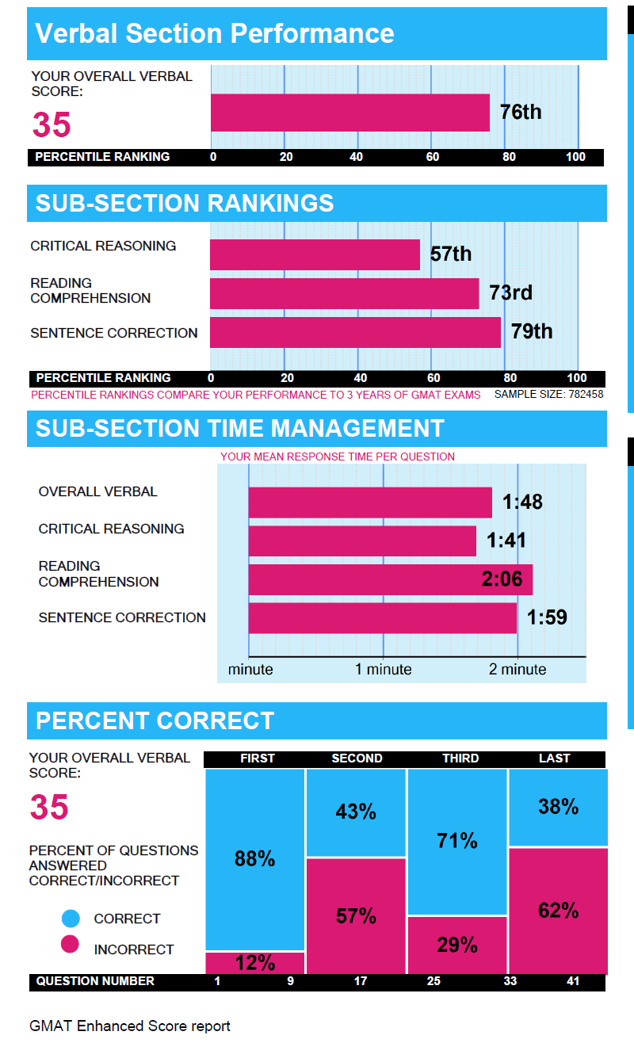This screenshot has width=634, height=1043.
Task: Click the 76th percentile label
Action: click(521, 112)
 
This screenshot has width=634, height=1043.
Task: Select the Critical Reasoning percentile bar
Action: click(315, 255)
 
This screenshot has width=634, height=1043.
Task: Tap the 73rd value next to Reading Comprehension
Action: click(510, 292)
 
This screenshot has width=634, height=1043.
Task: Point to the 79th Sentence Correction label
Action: click(532, 331)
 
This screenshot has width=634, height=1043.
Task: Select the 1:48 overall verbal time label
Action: click(522, 502)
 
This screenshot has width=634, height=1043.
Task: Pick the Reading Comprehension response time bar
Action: click(390, 579)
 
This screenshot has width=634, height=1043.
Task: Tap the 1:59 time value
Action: click(547, 617)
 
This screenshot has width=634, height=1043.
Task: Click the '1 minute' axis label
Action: click(383, 669)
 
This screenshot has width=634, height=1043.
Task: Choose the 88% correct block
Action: click(254, 858)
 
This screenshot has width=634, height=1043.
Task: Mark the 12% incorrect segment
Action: click(254, 962)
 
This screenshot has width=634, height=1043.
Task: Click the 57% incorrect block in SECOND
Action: click(356, 916)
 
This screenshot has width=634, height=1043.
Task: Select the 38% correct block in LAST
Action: click(558, 807)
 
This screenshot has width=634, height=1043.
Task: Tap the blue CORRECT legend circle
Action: click(71, 919)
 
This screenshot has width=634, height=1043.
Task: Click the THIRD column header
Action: click(460, 758)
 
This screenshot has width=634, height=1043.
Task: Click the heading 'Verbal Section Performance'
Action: click(215, 33)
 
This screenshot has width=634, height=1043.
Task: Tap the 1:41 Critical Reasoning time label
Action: click(506, 541)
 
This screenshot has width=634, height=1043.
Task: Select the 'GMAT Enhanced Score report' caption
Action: click(130, 1026)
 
